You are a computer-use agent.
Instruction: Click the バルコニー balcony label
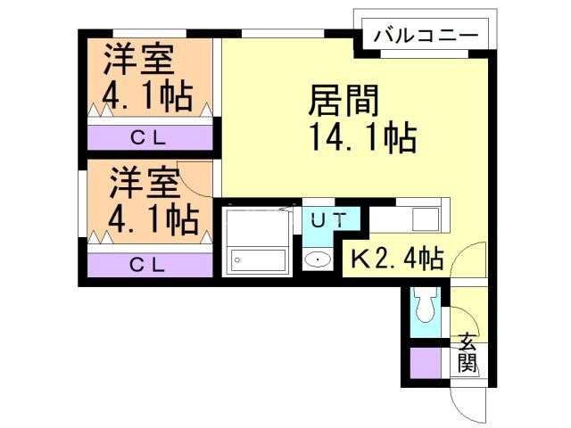426,37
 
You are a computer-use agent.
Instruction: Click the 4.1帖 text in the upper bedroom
146,95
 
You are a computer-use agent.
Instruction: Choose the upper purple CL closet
150,137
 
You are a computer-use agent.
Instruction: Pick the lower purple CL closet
150,265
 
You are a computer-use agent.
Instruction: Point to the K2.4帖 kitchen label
395,259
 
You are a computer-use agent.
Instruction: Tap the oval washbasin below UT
317,259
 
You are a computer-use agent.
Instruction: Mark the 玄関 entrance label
468,353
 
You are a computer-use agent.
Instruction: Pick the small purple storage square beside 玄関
425,363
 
